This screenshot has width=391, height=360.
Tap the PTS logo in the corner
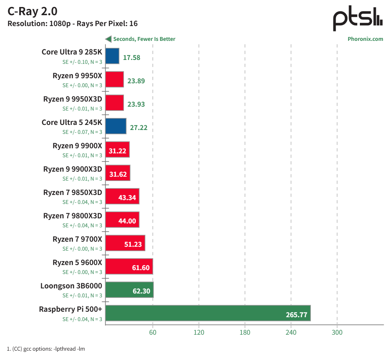click(358, 18)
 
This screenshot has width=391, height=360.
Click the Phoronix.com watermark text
click(365, 39)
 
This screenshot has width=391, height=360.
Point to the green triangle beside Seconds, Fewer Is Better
click(108, 39)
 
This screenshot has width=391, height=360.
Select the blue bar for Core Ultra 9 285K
click(112, 56)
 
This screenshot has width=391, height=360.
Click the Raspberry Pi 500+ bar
click(208, 313)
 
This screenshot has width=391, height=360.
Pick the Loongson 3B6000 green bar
click(129, 290)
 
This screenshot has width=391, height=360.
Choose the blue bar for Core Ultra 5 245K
click(116, 126)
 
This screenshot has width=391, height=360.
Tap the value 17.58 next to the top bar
click(132, 58)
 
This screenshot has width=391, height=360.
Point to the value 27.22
click(139, 128)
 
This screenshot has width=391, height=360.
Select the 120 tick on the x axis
click(199, 332)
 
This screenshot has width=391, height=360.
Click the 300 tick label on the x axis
click(337, 332)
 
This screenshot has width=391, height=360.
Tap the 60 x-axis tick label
click(153, 332)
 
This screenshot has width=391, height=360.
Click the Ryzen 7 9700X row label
click(77, 239)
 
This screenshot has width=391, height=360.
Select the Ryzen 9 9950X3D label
click(72, 99)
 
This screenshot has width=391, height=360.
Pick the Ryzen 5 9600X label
click(77, 262)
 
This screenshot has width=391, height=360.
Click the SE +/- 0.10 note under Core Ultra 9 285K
click(82, 62)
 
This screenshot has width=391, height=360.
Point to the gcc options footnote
click(46, 349)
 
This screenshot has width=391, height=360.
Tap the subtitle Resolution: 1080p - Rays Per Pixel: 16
click(73, 23)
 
